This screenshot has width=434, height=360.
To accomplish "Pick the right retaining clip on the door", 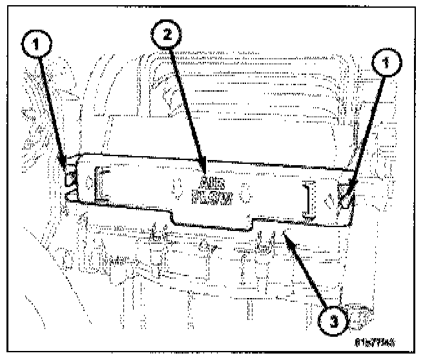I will (x=346, y=197).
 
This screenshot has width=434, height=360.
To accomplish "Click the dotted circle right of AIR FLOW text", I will (x=245, y=192).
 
